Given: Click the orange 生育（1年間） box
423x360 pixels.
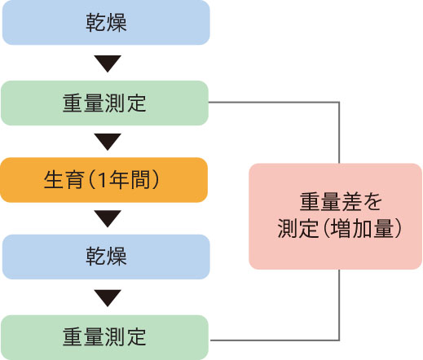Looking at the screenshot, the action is coord(104,180).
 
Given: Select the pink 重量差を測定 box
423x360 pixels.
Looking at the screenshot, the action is coord(335,217).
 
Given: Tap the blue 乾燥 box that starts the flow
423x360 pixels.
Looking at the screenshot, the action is coord(106,22).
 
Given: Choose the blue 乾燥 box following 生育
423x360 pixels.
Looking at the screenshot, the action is coord(106,257).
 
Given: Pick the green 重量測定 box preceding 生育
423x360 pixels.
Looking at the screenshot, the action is coord(104,103).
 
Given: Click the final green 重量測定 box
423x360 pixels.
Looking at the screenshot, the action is coord(104,337).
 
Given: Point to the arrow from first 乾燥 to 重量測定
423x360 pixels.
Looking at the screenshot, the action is coord(108,64).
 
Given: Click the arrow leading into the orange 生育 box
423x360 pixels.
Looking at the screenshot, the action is coord(108,142).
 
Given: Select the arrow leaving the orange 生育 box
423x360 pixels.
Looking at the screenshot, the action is coord(108,218).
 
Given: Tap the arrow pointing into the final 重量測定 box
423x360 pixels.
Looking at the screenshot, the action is coord(108,298).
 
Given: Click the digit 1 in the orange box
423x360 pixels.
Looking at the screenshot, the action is coord(102,180).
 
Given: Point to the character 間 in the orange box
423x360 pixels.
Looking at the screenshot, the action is coord(140,180).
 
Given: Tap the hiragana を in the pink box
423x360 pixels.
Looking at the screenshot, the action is coord(372,201).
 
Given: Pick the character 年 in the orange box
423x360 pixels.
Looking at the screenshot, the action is coord(120,180).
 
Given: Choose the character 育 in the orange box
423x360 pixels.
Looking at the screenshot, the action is coord(74,180).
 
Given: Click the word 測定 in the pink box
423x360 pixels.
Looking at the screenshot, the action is coord(297,229).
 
